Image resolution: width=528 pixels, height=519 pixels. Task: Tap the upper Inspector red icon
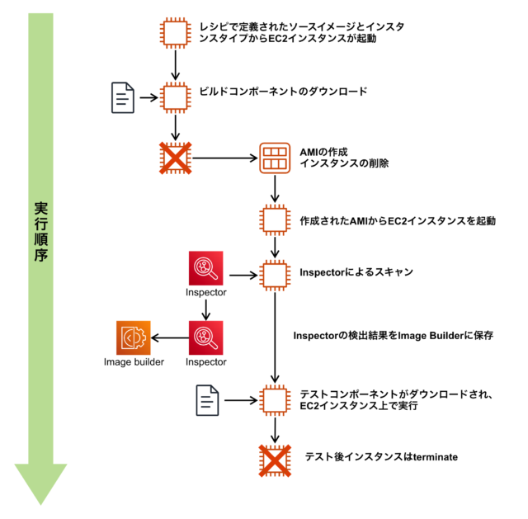(x=205, y=267)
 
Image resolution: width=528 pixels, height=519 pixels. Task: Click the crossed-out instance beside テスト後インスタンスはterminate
(x=274, y=458)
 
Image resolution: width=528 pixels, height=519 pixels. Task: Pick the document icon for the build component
(x=123, y=97)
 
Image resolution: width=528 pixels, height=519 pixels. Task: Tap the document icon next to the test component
(x=207, y=400)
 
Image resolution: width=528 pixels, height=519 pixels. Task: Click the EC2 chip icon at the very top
(x=176, y=32)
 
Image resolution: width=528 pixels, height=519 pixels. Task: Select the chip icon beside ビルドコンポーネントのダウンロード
(x=176, y=97)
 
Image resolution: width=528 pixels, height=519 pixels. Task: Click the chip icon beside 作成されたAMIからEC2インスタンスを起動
(x=274, y=221)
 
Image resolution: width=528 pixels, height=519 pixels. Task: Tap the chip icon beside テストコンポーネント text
(x=274, y=400)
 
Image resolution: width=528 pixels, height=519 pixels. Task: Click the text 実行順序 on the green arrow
(x=40, y=231)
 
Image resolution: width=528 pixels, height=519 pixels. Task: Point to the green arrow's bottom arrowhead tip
(x=40, y=502)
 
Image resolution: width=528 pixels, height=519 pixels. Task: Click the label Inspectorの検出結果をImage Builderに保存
(x=393, y=336)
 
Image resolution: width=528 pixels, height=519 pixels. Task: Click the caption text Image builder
(x=134, y=362)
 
